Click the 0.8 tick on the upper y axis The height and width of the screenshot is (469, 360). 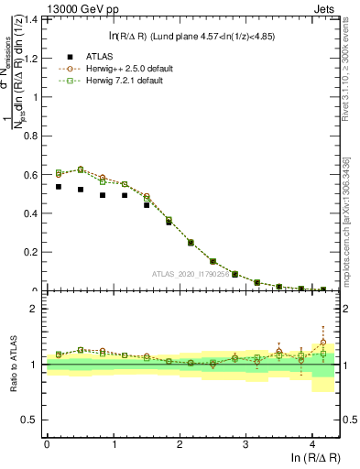[x=35, y=136]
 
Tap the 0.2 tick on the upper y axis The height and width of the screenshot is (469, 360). [x=35, y=252]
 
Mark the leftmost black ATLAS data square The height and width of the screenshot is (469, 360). [x=59, y=187]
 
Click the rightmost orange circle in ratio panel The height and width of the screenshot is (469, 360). [x=322, y=343]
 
